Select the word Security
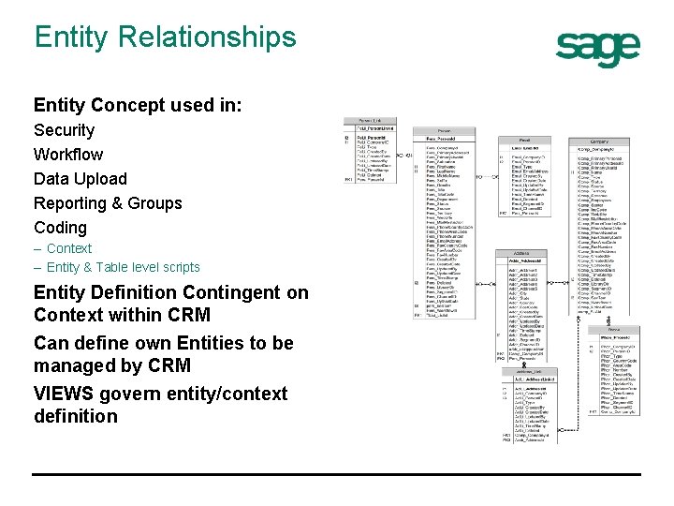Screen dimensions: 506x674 [64, 130]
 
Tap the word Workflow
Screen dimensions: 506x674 [68, 155]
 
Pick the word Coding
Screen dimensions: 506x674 [60, 228]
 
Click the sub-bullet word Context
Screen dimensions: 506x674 [69, 248]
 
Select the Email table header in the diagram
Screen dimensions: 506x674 [524, 140]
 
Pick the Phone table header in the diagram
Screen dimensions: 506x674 [613, 330]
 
